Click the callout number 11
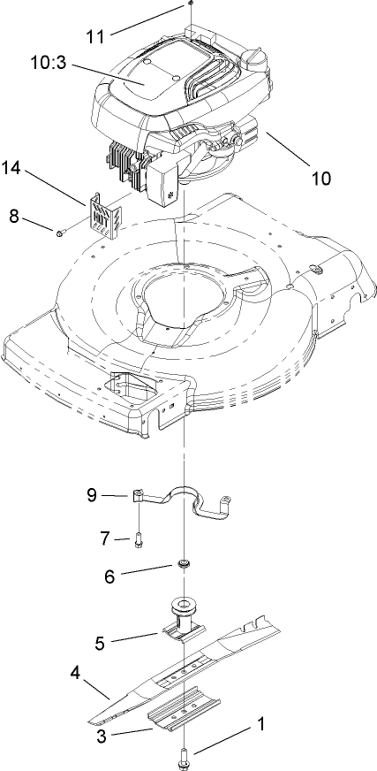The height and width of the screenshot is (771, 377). pos(94,36)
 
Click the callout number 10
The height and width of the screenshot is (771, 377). pos(320,178)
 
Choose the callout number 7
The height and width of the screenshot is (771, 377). pos(106,538)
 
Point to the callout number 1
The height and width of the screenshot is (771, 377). pos(260,722)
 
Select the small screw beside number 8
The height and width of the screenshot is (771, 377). pos(60,233)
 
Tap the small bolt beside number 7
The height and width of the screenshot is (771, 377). pos(139,539)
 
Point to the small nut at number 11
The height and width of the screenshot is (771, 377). pos(190,5)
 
